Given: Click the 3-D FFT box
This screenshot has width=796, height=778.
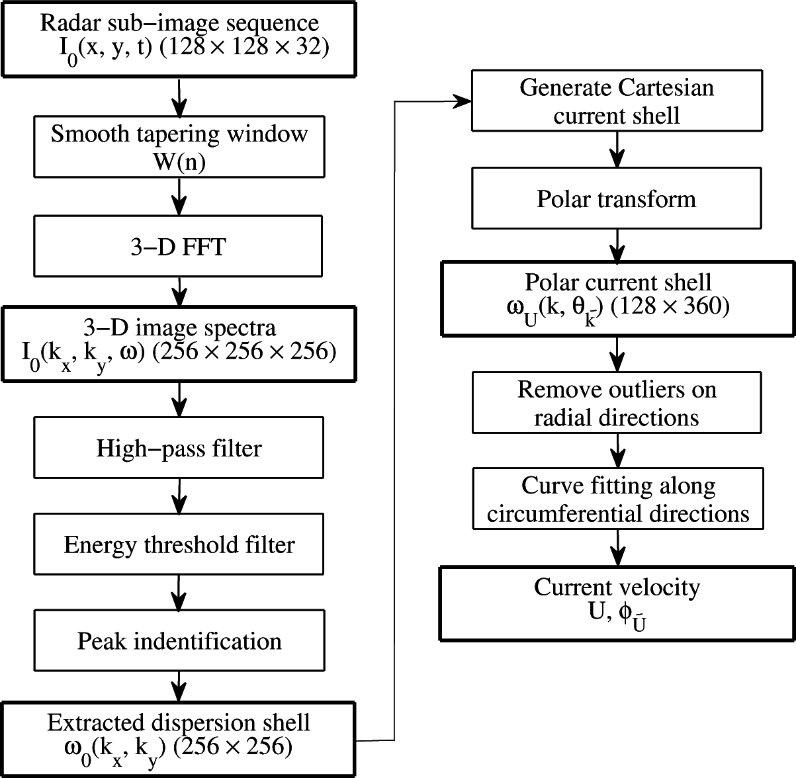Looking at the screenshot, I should coord(179,246).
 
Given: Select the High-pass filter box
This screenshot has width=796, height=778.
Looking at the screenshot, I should coord(179,448).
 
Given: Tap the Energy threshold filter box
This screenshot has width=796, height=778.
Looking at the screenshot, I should coord(179,544).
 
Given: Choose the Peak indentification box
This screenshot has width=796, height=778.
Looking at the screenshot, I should coord(179,640).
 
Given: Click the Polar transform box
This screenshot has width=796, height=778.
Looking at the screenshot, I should coord(617,199).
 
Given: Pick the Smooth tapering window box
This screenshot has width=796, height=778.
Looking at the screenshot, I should coord(179,147).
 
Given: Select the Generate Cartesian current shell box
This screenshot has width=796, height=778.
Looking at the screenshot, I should coord(617,101).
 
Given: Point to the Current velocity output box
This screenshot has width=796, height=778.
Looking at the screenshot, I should coord(617,603).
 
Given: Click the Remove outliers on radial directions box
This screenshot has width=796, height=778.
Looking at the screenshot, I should coord(617,403).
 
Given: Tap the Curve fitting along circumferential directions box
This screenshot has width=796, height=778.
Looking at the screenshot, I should coord(617,499).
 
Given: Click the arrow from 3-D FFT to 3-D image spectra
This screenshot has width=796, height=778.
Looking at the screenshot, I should coord(179,292).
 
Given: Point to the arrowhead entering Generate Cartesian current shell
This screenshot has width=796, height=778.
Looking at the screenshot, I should coord(463,101).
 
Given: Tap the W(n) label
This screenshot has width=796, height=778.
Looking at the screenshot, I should coord(179,161).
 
